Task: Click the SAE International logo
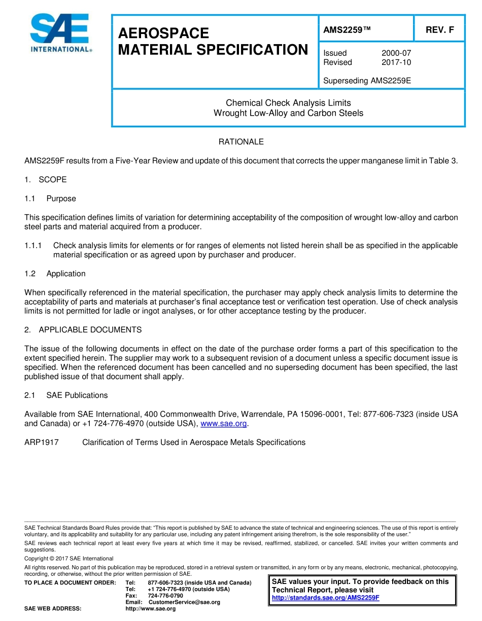pos(60,33)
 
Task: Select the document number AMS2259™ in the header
pos(347,30)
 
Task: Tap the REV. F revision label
pos(439,30)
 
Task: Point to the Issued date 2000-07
pos(396,53)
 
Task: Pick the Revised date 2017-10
pos(396,62)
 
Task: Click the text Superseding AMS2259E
pos(367,81)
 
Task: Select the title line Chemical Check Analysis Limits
pos(288,103)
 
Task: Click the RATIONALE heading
pos(241,142)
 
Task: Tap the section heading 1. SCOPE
pos(46,180)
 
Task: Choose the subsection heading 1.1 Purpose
pos(50,198)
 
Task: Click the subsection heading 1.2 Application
pos(55,273)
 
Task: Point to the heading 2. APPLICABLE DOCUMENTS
pos(83,330)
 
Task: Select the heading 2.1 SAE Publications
pos(66,395)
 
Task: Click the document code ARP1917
pos(42,442)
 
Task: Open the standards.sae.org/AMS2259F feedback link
pos(326,598)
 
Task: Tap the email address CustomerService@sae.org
pos(184,602)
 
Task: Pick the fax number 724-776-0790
pos(165,596)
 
